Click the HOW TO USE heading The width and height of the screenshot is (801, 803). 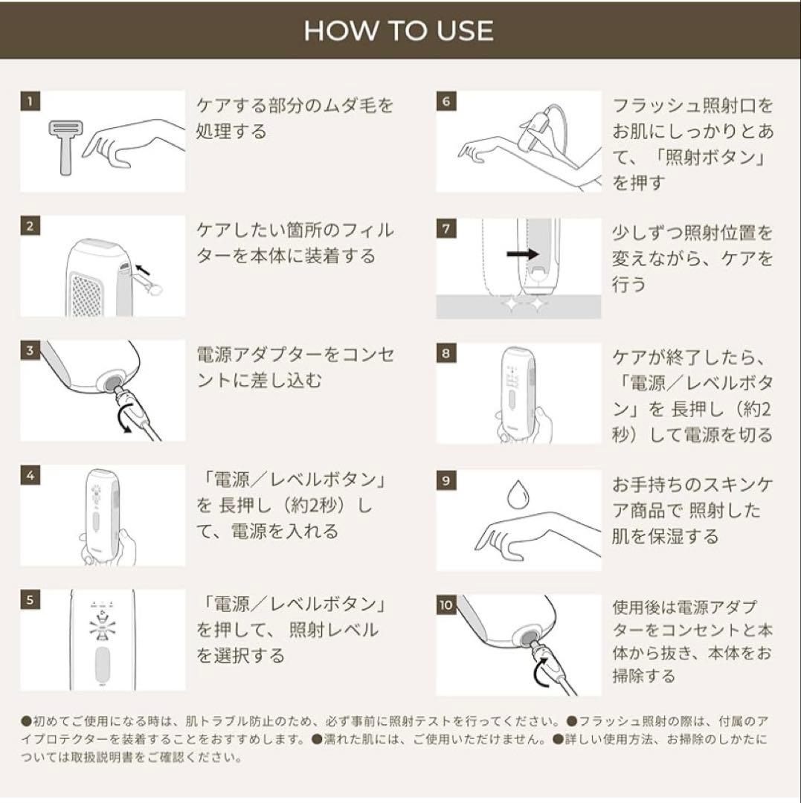(399, 30)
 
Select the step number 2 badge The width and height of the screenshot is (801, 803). (29, 227)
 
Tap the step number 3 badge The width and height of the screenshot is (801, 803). (29, 351)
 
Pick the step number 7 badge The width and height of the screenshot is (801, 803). (445, 228)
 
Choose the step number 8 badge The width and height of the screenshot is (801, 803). (445, 353)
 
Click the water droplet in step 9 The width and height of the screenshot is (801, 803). (516, 494)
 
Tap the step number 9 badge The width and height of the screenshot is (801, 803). (445, 480)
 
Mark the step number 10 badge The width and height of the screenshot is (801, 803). (445, 604)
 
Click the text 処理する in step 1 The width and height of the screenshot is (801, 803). (231, 132)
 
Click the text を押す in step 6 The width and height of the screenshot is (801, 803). (637, 183)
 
